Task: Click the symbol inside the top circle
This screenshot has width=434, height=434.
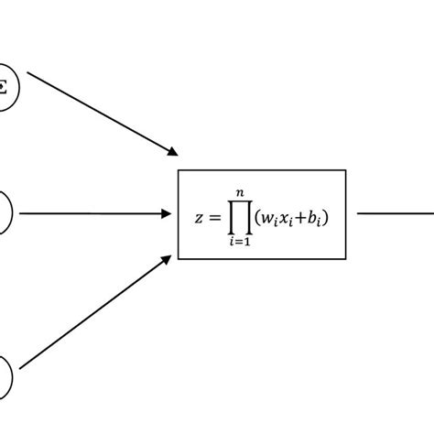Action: pos(5,88)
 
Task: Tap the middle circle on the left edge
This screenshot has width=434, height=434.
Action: pos(5,214)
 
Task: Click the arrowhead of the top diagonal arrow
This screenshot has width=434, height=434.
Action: pos(171,152)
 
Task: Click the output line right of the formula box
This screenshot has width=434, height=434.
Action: pos(394,214)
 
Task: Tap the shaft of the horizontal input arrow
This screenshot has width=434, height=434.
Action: pos(92,214)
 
